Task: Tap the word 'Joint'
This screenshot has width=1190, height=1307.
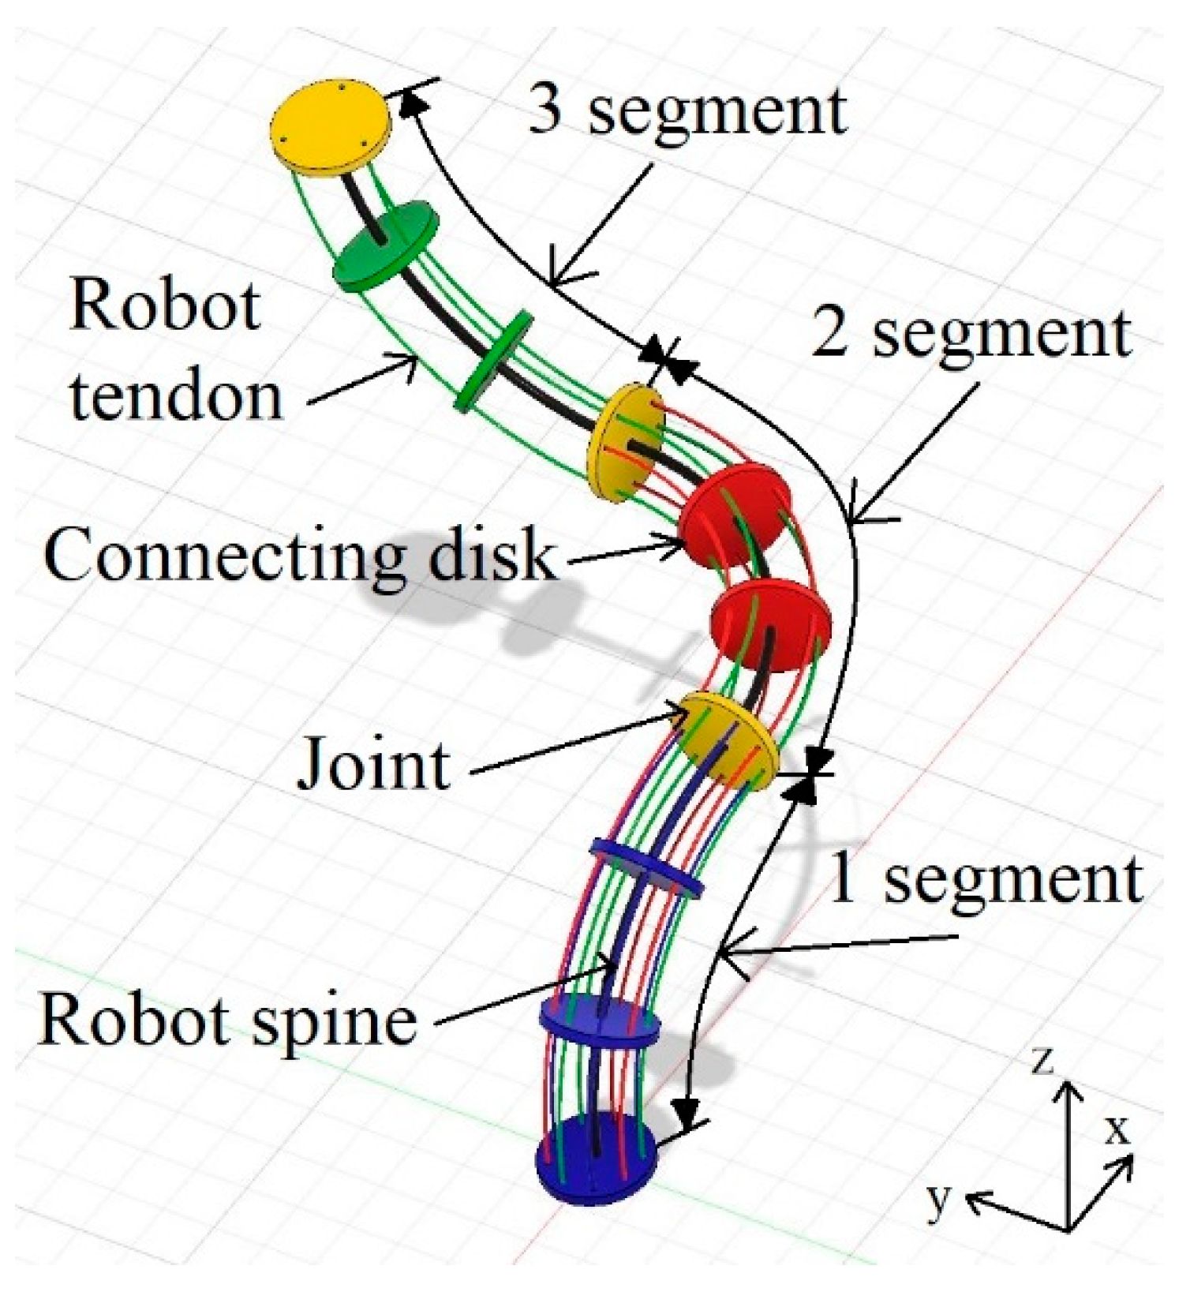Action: click(373, 764)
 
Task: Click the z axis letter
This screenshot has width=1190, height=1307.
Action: click(1042, 1062)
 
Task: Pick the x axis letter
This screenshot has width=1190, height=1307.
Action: click(1116, 1130)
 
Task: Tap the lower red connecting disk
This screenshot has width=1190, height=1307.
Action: click(769, 624)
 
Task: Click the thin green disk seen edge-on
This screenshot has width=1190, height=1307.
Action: click(494, 361)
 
